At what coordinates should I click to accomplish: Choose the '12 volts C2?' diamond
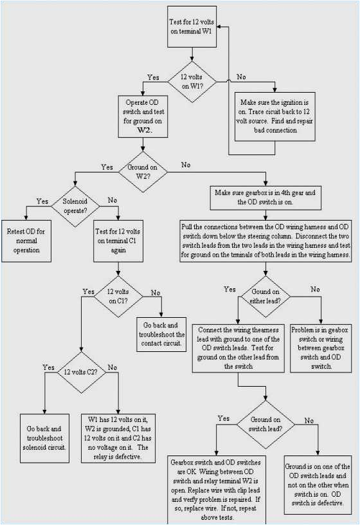point(81,373)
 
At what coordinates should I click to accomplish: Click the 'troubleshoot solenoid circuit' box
point(44,436)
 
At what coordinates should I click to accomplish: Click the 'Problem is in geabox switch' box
point(319,348)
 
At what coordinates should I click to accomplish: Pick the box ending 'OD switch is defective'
point(317,479)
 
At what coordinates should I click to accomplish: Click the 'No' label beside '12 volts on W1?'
point(240,77)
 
